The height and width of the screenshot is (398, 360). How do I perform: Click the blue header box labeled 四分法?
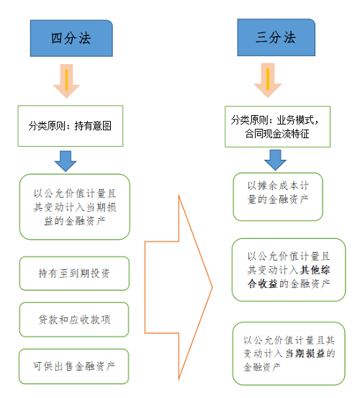(x=71, y=38)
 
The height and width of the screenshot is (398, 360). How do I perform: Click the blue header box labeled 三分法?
(x=276, y=37)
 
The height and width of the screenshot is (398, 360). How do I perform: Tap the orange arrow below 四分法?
(x=66, y=81)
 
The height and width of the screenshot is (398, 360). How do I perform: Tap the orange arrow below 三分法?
(x=268, y=80)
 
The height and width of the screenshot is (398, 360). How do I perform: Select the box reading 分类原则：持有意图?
(x=71, y=126)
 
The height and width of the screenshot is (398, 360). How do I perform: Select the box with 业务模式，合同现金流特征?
(x=277, y=127)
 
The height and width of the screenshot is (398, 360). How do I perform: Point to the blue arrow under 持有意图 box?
(x=66, y=161)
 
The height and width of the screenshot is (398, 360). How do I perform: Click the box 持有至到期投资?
(x=74, y=273)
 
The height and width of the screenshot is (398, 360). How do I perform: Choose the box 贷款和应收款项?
(x=74, y=320)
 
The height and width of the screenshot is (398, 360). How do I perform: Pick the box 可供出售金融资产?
(x=73, y=366)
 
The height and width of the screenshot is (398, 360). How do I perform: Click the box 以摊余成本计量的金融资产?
(x=278, y=196)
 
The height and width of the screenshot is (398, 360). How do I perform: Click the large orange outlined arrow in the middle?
(x=179, y=287)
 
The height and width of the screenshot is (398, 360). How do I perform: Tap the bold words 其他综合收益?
(x=289, y=276)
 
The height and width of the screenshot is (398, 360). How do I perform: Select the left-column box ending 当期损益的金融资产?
(x=75, y=207)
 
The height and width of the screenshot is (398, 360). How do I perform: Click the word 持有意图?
(x=93, y=126)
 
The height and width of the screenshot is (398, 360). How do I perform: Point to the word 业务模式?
(x=295, y=120)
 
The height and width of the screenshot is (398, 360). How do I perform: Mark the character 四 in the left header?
(x=57, y=38)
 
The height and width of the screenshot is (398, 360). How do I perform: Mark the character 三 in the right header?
(x=261, y=37)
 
